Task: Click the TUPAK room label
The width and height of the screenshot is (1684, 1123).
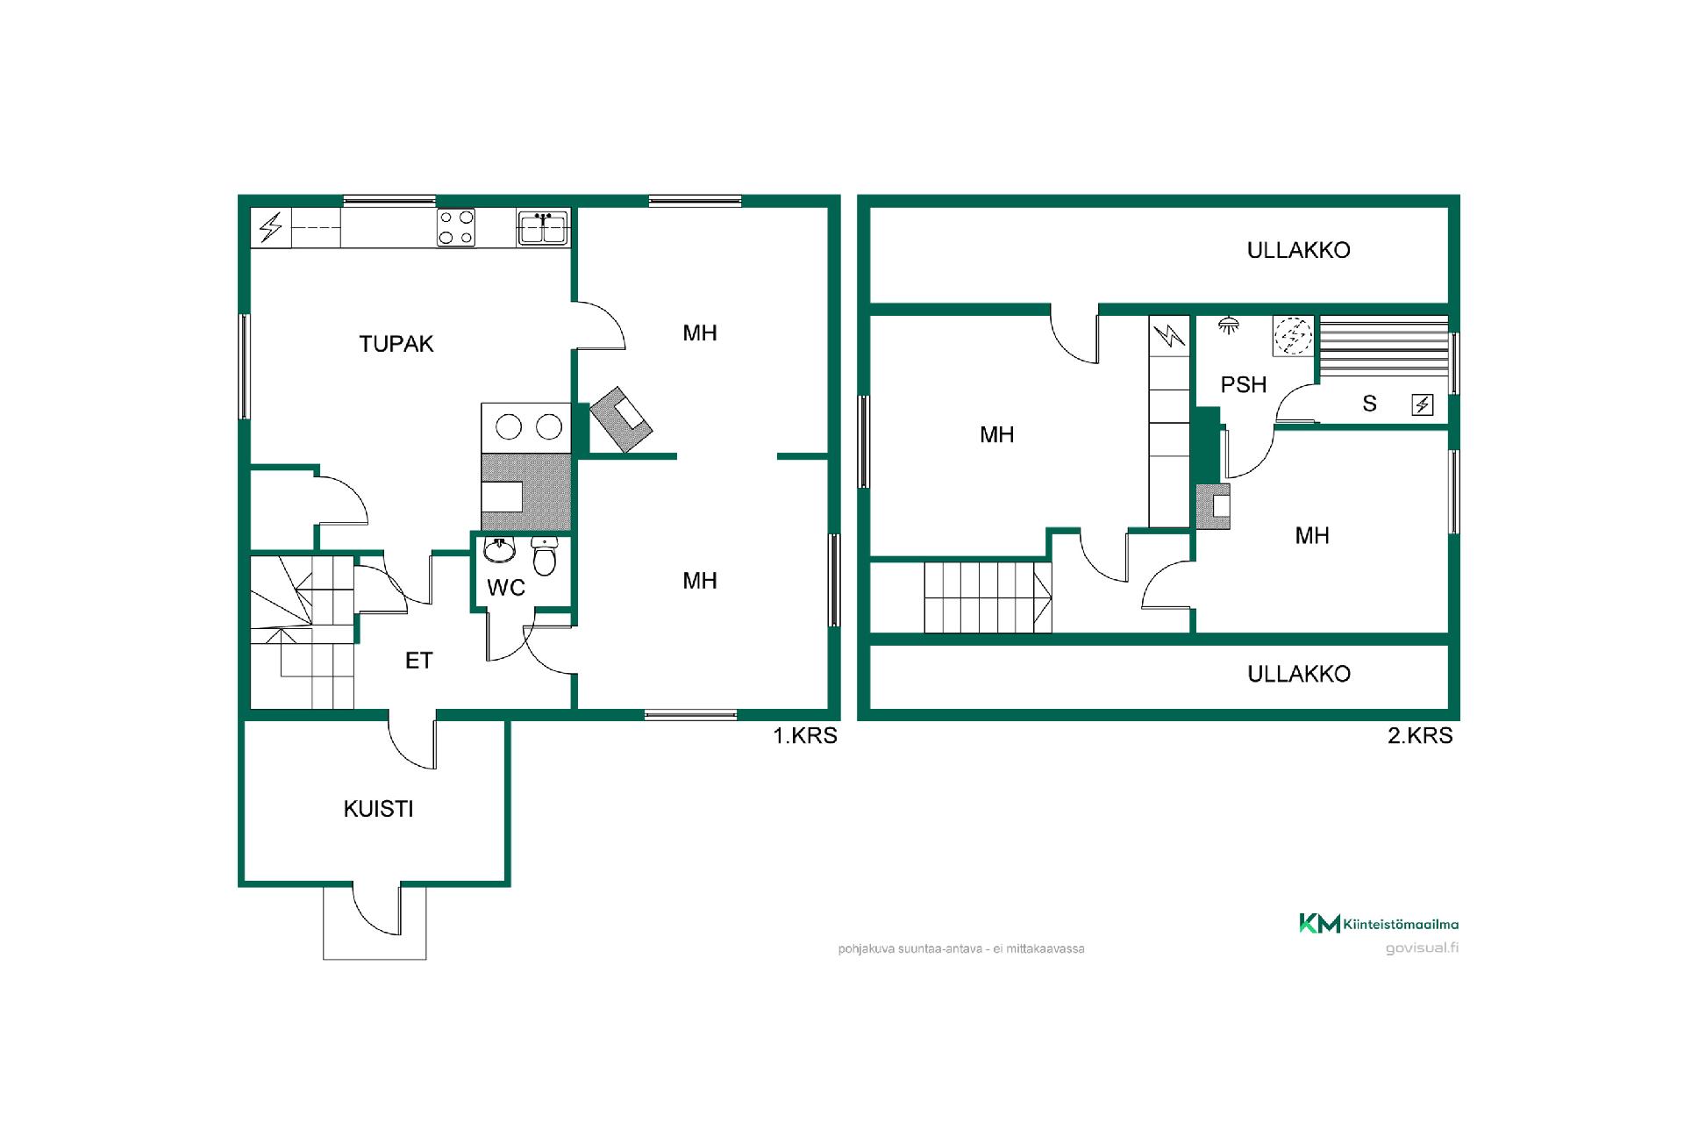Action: click(396, 344)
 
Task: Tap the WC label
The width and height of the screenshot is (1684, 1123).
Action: click(506, 588)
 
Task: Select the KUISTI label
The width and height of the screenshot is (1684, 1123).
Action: click(378, 809)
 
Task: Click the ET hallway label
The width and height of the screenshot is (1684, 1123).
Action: click(418, 661)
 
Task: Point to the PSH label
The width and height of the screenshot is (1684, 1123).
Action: click(1244, 384)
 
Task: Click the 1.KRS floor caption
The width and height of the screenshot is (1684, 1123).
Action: click(805, 735)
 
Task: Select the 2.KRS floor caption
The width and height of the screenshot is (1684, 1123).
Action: click(1420, 735)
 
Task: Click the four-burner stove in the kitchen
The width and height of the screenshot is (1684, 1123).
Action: click(456, 227)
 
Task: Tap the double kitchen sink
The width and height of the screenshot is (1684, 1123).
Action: click(544, 227)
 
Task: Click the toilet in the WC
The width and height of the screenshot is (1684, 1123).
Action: click(545, 555)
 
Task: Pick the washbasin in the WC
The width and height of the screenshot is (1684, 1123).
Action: click(500, 550)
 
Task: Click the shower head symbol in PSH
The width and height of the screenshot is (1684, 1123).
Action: click(1229, 325)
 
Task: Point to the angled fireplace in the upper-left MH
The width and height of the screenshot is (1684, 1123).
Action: click(621, 419)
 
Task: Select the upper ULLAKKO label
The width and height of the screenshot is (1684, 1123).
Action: click(1298, 250)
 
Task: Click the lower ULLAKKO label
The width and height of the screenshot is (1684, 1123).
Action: click(1298, 674)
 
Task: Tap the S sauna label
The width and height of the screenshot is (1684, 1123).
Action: click(1369, 404)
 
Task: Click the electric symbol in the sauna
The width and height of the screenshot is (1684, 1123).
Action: click(1423, 404)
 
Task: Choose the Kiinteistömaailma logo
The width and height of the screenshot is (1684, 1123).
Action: click(1379, 923)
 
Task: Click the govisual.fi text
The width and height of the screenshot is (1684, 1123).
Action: click(1423, 948)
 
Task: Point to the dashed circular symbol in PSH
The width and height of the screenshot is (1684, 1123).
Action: click(1294, 336)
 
